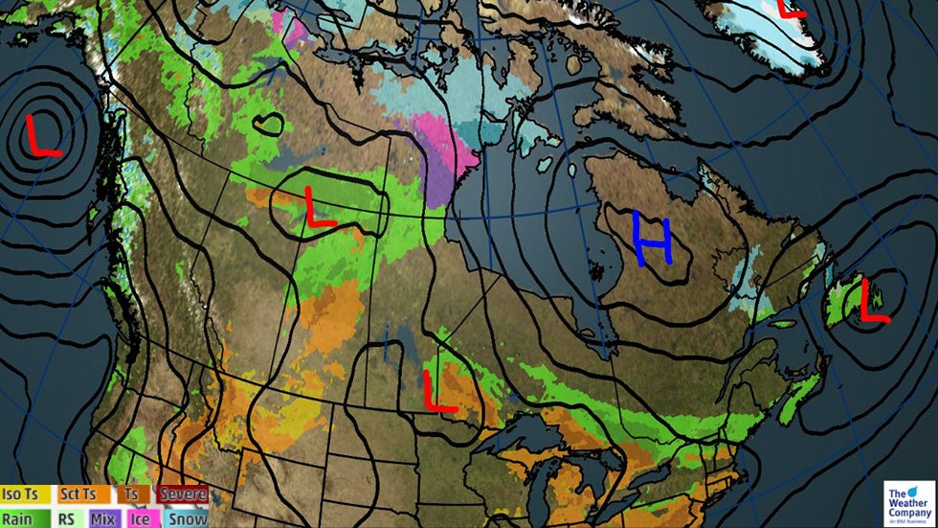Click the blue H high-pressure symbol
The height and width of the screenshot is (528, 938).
[652, 240]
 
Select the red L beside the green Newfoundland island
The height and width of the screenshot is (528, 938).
[873, 300]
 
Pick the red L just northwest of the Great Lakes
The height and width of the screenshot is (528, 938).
[439, 391]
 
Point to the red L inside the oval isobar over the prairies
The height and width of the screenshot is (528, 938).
[319, 207]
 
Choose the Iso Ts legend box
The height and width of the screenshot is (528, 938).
[26, 494]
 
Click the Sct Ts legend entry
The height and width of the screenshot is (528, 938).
[78, 494]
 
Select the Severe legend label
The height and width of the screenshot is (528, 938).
[182, 494]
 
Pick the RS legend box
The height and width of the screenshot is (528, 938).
[67, 517]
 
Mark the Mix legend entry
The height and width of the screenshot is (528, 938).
[103, 517]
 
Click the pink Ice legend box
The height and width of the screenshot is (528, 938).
[140, 517]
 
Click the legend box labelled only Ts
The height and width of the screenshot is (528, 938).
[131, 494]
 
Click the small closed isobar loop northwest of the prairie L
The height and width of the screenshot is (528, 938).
[268, 124]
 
